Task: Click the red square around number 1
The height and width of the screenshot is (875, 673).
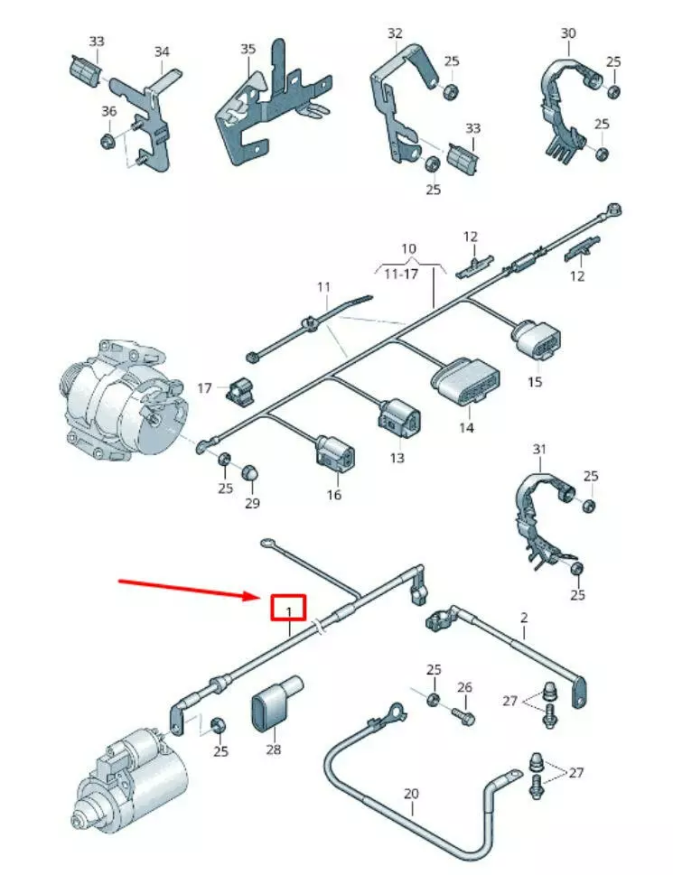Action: [288, 596]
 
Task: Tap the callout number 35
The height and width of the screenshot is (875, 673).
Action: [248, 49]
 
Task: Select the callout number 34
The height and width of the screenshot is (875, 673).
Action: [162, 51]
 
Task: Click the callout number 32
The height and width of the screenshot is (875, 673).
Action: [395, 33]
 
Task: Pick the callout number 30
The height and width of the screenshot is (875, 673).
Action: [568, 33]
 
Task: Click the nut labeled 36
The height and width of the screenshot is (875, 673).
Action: [107, 141]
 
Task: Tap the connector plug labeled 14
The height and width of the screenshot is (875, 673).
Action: [465, 380]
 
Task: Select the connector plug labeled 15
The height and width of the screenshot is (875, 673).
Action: [536, 339]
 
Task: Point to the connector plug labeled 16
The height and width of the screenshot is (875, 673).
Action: [333, 451]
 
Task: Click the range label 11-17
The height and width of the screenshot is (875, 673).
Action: [401, 274]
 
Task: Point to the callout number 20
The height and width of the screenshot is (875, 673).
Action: [411, 794]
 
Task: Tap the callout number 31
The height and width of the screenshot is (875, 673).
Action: [539, 449]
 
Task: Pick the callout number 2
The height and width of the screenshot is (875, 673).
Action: [523, 618]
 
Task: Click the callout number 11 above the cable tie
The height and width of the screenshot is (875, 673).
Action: [323, 287]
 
